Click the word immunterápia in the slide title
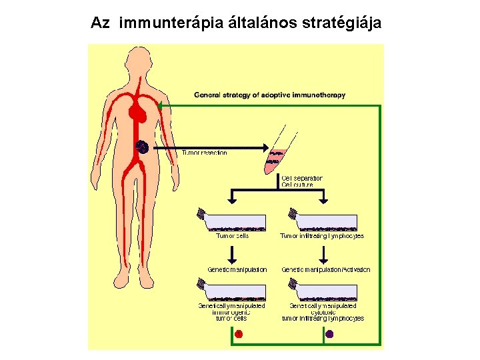[164, 23]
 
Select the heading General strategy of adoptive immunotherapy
[269, 95]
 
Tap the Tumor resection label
[205, 153]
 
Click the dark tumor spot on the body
[141, 146]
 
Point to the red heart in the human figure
[139, 113]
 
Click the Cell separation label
[302, 178]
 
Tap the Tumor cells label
[232, 235]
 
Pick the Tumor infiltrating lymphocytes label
[321, 235]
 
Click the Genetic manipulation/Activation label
[325, 269]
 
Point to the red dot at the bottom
[239, 334]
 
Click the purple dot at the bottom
[329, 334]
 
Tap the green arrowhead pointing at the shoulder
[162, 105]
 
